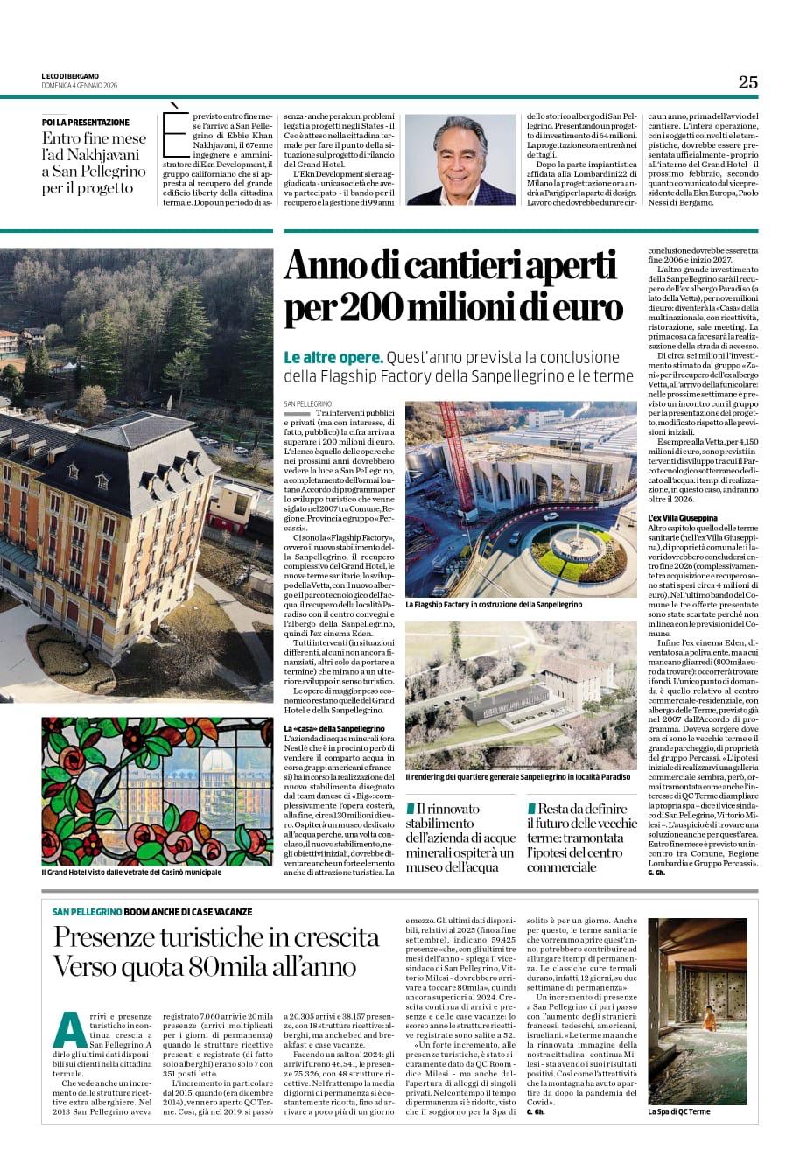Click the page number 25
(747, 81)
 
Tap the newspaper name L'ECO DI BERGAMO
(70, 76)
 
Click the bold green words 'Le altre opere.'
(333, 358)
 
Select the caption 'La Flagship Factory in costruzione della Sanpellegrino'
(493, 604)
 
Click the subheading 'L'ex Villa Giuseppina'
(682, 518)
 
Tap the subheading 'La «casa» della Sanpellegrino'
(334, 728)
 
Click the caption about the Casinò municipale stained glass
(131, 872)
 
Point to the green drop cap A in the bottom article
(68, 1029)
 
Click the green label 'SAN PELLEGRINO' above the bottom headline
(86, 912)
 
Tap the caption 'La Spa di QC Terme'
(678, 1111)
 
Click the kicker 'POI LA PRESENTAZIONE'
(85, 122)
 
